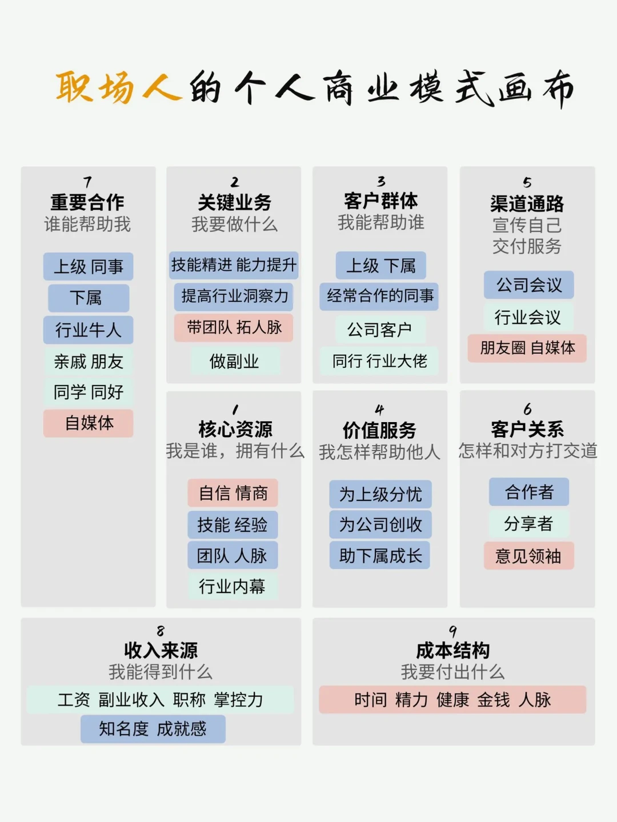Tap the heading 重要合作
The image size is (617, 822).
(x=87, y=202)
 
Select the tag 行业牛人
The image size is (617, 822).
(x=88, y=330)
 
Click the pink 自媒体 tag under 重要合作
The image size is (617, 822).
(x=89, y=423)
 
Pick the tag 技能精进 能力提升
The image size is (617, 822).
(x=234, y=265)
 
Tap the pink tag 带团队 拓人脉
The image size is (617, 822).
(x=234, y=327)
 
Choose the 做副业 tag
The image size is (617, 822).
(x=234, y=361)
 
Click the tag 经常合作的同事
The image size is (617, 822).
(x=379, y=296)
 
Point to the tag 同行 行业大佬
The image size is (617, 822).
(x=379, y=361)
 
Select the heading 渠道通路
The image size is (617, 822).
(x=527, y=203)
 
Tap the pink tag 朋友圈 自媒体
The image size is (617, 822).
(x=527, y=348)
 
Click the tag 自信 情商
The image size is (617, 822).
(x=233, y=493)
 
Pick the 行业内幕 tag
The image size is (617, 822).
(x=232, y=586)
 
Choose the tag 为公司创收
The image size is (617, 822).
(x=380, y=524)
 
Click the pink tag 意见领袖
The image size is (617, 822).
(x=528, y=556)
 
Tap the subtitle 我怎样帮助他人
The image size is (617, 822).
(x=379, y=452)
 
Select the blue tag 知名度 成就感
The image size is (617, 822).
(x=153, y=729)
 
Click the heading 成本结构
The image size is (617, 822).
(x=452, y=650)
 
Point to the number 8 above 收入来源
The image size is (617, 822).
(x=161, y=631)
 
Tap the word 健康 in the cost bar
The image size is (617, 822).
(x=452, y=700)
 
